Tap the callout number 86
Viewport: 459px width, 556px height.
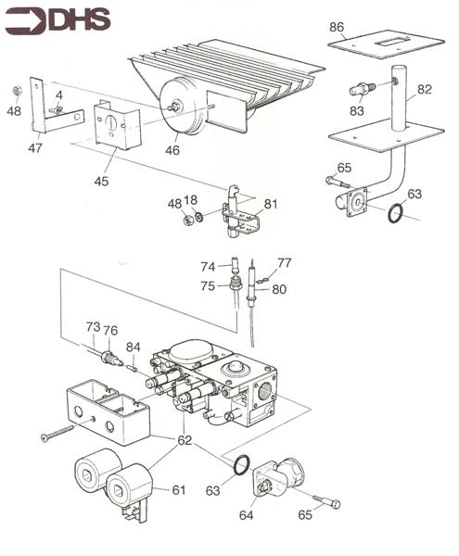[337, 28]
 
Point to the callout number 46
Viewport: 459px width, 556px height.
[172, 148]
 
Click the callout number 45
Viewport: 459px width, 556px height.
[100, 181]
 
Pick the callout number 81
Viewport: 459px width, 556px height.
[270, 204]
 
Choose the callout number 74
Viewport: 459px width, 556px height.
[209, 266]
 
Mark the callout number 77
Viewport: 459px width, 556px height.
[284, 263]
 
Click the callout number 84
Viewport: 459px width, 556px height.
[134, 348]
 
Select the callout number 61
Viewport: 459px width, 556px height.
[178, 490]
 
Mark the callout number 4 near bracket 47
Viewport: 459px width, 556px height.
[58, 95]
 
